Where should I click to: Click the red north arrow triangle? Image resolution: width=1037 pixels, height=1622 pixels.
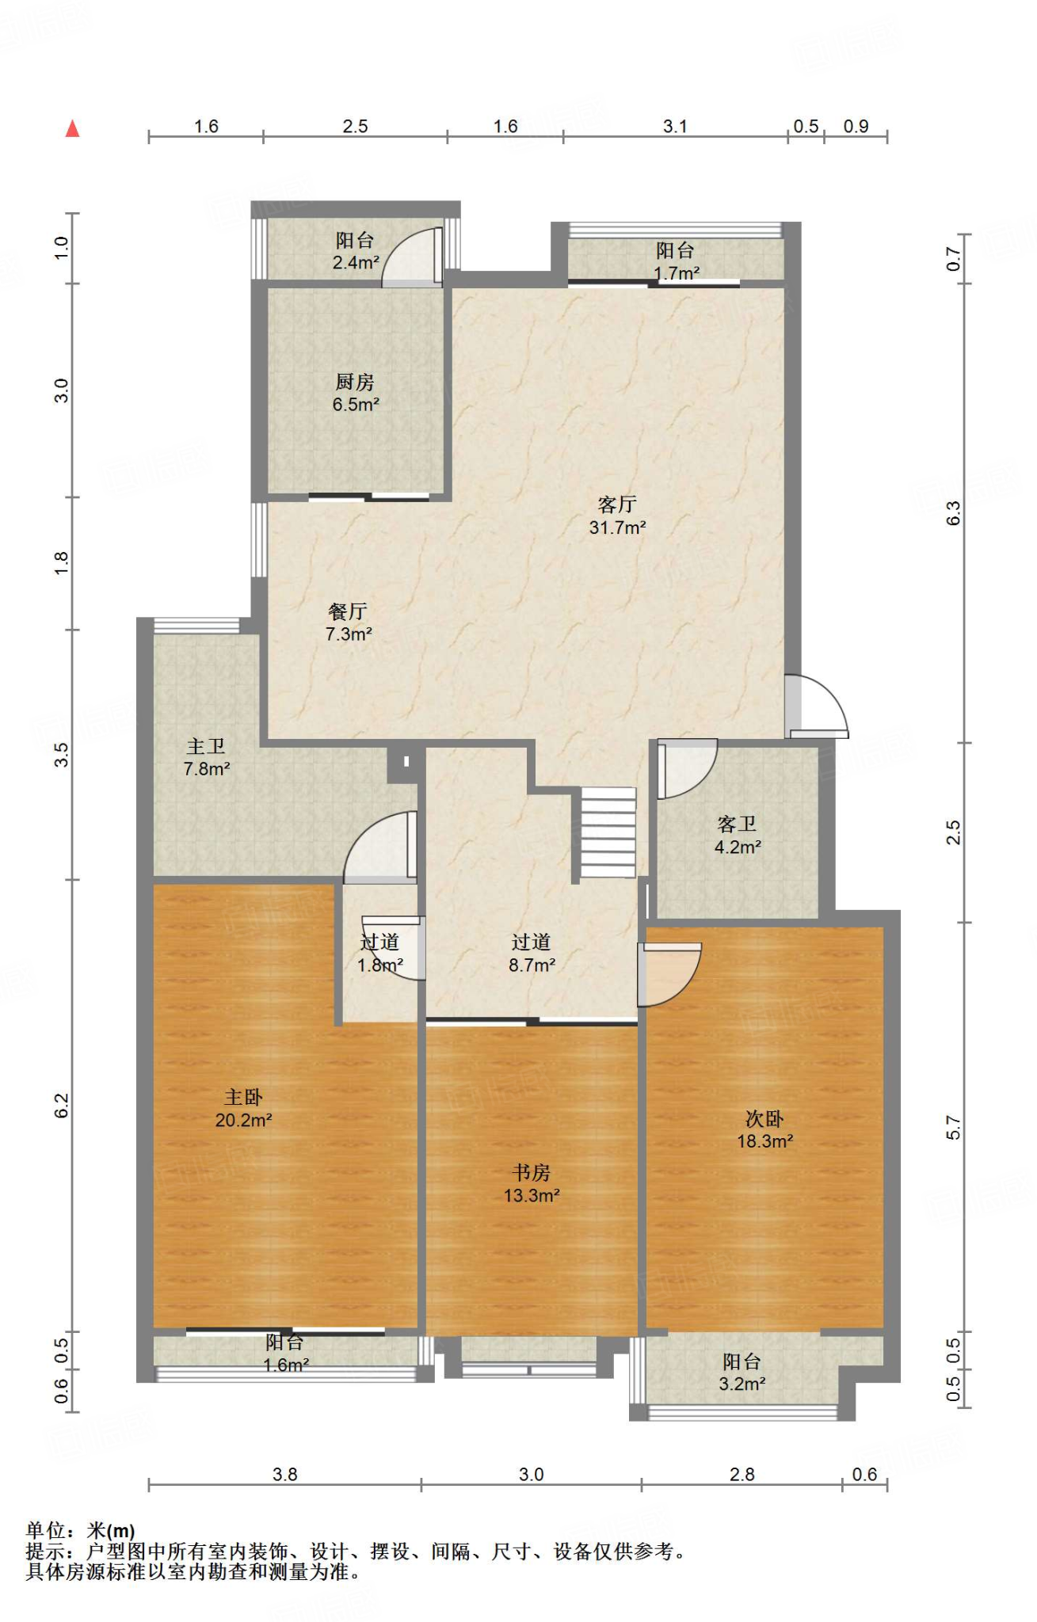[x=72, y=128]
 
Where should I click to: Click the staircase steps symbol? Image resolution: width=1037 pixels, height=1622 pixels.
[x=608, y=832]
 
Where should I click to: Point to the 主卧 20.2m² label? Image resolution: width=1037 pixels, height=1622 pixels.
[x=243, y=1108]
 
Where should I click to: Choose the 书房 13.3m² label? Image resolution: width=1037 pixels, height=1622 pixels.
[x=532, y=1183]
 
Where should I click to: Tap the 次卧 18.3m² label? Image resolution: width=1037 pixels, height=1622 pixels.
[x=764, y=1129]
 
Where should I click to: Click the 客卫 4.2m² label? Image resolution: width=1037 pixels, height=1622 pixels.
[x=738, y=836]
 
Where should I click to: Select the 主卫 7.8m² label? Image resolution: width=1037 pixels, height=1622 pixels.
[x=207, y=757]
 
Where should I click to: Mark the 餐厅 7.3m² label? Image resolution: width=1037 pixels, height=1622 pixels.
[x=349, y=623]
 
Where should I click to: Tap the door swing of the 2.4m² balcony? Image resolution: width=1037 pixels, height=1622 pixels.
[x=412, y=257]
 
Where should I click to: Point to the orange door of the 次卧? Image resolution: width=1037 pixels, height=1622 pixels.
[x=670, y=975]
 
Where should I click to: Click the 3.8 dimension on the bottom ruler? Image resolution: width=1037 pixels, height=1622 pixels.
[x=285, y=1475]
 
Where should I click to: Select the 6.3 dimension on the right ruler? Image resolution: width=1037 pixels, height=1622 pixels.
[x=953, y=512]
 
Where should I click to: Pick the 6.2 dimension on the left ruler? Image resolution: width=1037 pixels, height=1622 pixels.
[x=62, y=1105]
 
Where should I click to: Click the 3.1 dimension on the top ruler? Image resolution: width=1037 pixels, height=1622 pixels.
[x=675, y=126]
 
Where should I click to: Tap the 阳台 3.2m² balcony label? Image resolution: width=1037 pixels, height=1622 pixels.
[x=742, y=1373]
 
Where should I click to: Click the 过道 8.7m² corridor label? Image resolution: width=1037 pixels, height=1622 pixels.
[x=532, y=953]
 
